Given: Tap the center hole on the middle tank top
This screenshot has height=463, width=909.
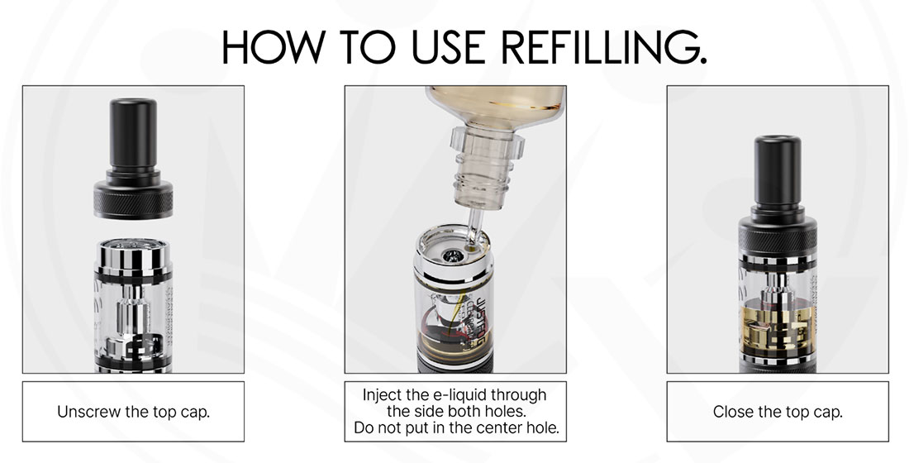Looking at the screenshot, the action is [450, 255].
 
